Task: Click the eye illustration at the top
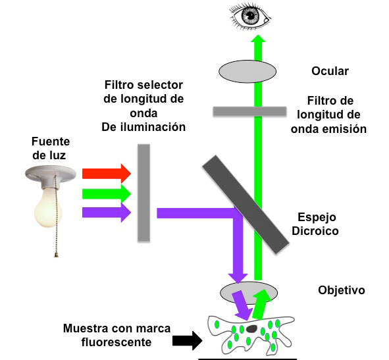click(x=250, y=17)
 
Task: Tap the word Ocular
click(x=330, y=71)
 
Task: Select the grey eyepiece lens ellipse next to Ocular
click(x=247, y=72)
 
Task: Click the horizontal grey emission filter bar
click(x=249, y=111)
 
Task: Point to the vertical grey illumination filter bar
click(x=144, y=193)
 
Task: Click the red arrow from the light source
click(x=107, y=174)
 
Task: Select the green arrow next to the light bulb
click(x=107, y=193)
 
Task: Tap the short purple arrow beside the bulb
click(x=107, y=213)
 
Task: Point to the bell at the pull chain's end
click(x=57, y=255)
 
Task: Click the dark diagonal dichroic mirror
click(x=246, y=205)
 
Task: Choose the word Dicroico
click(x=315, y=231)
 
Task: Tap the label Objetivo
click(x=342, y=290)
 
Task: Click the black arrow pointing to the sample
click(x=188, y=340)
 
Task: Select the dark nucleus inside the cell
click(x=251, y=329)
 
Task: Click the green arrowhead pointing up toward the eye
click(x=258, y=39)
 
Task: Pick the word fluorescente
click(x=117, y=342)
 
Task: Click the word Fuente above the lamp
click(x=51, y=141)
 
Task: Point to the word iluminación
click(x=153, y=127)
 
